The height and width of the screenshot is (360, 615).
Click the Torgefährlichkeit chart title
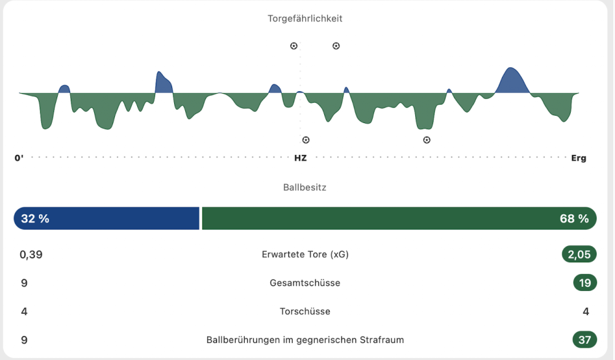click(x=305, y=18)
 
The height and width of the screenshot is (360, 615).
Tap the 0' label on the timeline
click(x=19, y=158)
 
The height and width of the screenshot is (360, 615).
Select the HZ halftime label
click(x=300, y=158)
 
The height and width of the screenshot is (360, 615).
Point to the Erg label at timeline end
click(x=579, y=158)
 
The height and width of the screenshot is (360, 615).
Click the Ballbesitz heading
click(x=305, y=187)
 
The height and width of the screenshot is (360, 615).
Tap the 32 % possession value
click(x=35, y=218)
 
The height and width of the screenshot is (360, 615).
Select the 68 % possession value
click(x=574, y=218)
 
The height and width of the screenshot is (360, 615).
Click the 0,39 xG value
click(x=31, y=254)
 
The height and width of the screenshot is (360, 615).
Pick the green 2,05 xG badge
click(x=579, y=254)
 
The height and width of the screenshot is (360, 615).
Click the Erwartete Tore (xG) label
click(x=305, y=254)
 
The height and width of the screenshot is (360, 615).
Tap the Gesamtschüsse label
click(x=305, y=283)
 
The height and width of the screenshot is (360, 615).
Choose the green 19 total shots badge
click(x=584, y=283)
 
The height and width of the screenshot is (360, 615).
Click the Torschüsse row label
click(x=305, y=311)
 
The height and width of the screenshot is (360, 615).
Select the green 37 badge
click(x=584, y=340)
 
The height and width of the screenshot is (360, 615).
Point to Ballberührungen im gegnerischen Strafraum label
click(x=305, y=340)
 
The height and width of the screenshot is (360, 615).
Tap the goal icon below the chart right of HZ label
click(x=306, y=140)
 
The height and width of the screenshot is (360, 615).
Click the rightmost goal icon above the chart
click(x=336, y=46)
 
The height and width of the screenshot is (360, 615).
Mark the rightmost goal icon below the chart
click(x=427, y=140)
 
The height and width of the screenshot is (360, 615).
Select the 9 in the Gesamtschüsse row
click(x=24, y=283)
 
